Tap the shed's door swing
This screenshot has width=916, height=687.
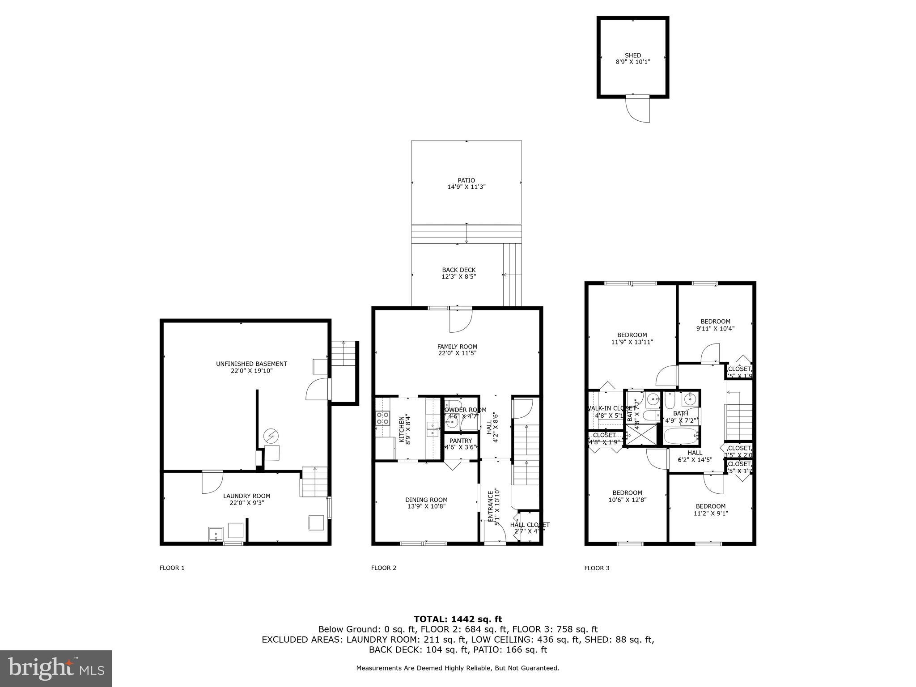(x=639, y=110)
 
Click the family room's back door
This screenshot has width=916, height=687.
(x=461, y=321)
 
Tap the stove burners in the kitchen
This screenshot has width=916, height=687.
(x=382, y=418)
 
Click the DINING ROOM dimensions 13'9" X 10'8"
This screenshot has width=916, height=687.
(x=426, y=506)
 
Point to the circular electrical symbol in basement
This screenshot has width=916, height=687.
(x=271, y=435)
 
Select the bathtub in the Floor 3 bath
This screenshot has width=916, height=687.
(x=681, y=436)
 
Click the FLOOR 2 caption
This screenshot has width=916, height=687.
(x=383, y=568)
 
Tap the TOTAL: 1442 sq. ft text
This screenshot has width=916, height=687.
(x=458, y=619)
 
